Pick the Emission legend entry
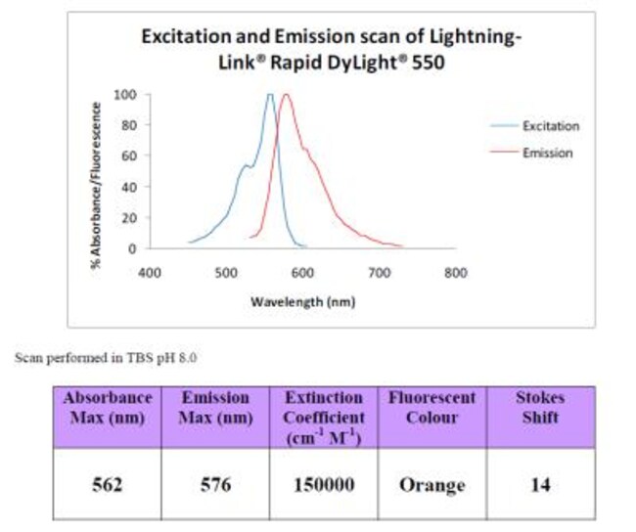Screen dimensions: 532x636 [x=547, y=153]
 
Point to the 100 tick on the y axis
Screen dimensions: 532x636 [x=125, y=95]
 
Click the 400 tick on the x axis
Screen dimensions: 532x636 [x=149, y=273]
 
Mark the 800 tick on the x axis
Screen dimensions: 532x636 [x=454, y=273]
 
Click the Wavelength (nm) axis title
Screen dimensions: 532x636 [x=302, y=301]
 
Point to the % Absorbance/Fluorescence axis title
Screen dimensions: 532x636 [x=97, y=175]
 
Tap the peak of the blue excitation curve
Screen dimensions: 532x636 [x=269, y=96]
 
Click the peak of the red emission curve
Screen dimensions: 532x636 [x=286, y=96]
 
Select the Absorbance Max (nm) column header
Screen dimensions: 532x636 [x=107, y=408]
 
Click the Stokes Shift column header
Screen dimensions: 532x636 [x=540, y=408]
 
